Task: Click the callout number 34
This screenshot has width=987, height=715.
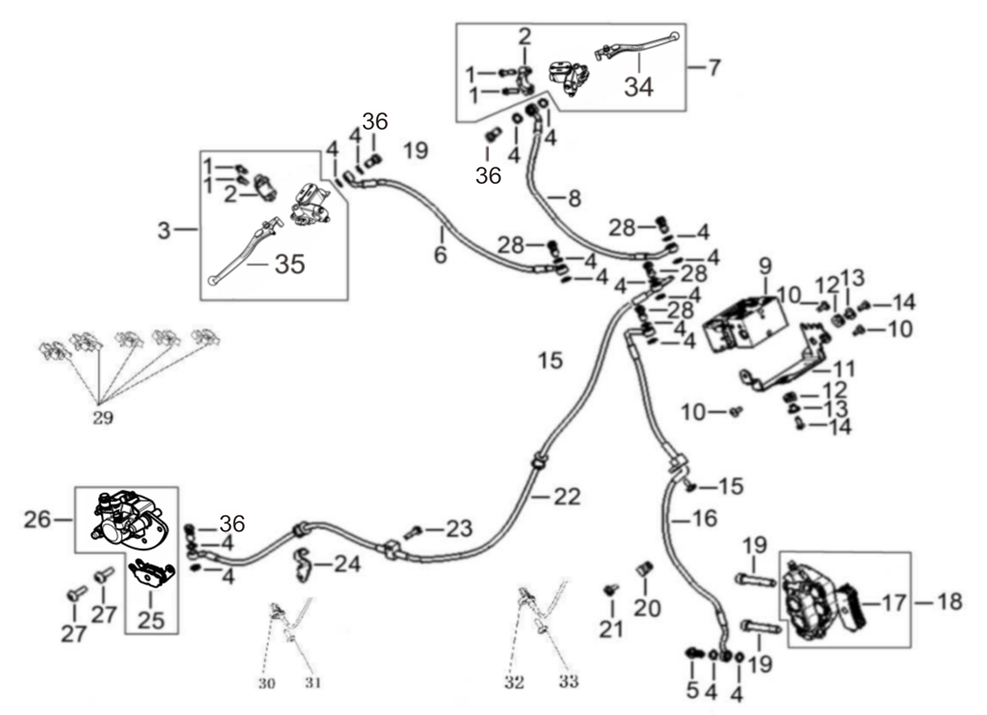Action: (639, 87)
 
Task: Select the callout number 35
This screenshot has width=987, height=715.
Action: (291, 265)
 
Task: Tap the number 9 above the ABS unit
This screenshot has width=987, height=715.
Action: (765, 268)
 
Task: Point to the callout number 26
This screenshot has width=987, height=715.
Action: (37, 520)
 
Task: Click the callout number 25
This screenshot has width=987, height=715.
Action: (151, 621)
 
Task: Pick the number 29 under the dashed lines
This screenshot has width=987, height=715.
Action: (103, 418)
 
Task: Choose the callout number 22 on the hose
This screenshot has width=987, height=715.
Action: (567, 497)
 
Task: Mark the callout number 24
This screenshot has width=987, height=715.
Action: (347, 564)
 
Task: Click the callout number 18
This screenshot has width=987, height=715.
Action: (949, 602)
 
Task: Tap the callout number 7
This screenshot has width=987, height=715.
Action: (714, 68)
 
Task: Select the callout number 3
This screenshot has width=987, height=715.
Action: (164, 230)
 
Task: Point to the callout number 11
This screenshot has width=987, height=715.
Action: (842, 369)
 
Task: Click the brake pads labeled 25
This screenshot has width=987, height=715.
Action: (151, 574)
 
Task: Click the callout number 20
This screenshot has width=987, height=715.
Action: (647, 608)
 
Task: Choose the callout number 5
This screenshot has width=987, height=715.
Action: (693, 690)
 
